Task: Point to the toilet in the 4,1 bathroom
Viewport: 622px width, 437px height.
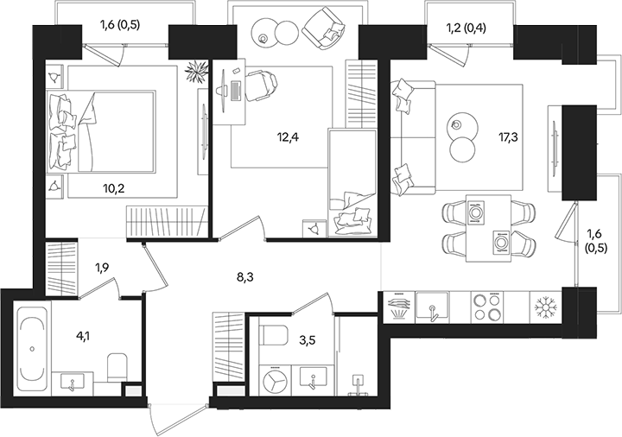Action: (x=116, y=365)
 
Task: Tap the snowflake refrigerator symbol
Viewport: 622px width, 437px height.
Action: (x=544, y=306)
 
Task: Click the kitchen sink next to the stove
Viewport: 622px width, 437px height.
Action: (x=430, y=306)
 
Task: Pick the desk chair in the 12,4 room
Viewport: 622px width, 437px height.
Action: (x=262, y=85)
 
